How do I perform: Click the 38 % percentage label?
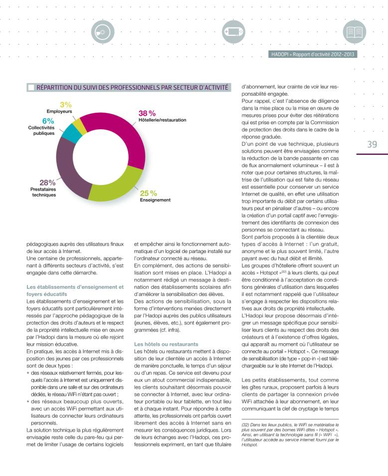pyautogui.click(x=147, y=113)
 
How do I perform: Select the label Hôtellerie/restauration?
pyautogui.click(x=162, y=120)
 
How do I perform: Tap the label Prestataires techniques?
pyautogui.click(x=40, y=192)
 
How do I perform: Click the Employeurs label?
pyautogui.click(x=59, y=111)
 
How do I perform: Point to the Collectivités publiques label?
pyautogui.click(x=41, y=131)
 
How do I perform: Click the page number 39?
pyautogui.click(x=372, y=145)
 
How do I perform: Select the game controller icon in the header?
pyautogui.click(x=233, y=32)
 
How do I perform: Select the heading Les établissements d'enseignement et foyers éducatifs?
pyautogui.click(x=74, y=290)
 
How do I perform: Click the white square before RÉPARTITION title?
pyautogui.click(x=31, y=87)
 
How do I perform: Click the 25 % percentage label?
pyautogui.click(x=148, y=193)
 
